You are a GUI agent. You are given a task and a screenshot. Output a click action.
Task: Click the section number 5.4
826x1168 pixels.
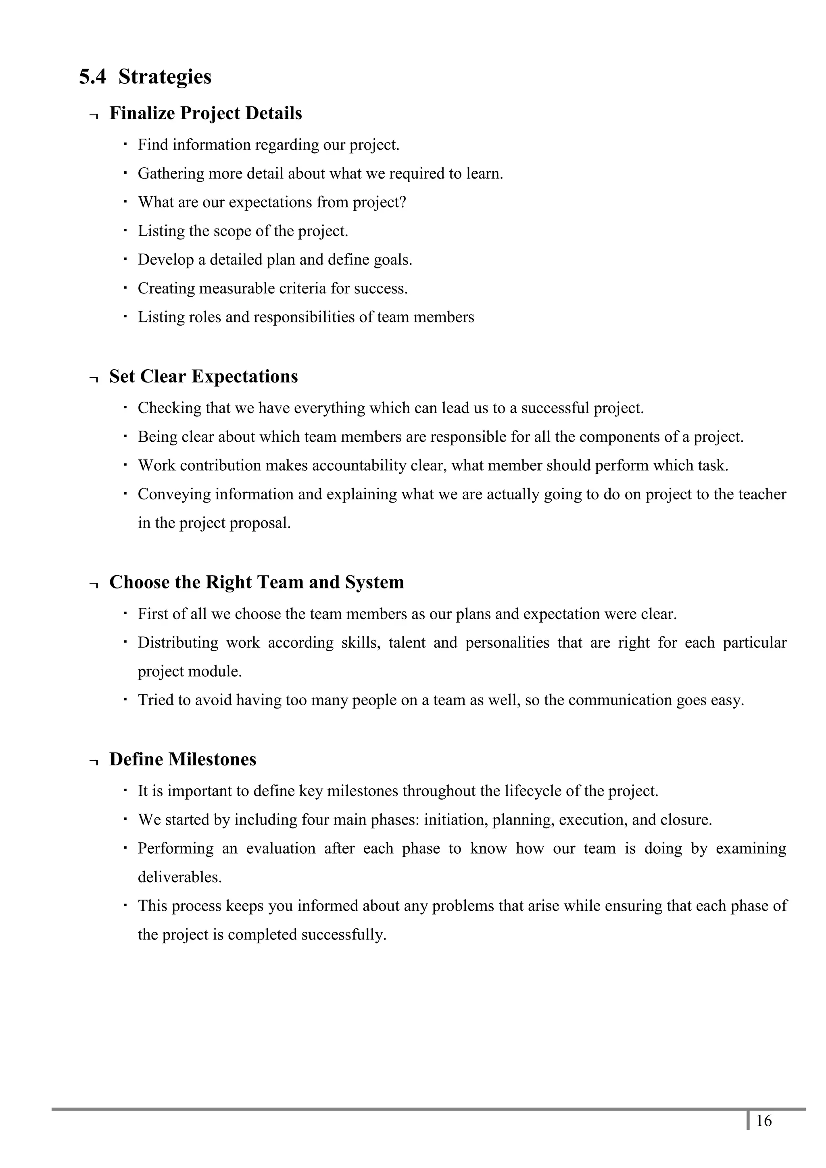coord(93,77)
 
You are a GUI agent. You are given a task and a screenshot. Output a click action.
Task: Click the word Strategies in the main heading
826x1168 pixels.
coord(165,77)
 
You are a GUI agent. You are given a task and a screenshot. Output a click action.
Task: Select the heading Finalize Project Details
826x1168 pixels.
coord(206,113)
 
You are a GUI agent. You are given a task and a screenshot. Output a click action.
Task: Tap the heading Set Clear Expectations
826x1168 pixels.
coord(204,376)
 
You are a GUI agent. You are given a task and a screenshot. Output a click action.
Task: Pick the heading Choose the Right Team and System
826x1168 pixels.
coord(257,582)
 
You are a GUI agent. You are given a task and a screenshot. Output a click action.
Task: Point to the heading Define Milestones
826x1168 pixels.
coord(183,759)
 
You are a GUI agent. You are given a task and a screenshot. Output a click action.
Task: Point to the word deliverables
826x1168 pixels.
coord(179,877)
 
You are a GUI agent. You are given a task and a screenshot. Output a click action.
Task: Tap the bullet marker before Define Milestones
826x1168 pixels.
coord(93,762)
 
